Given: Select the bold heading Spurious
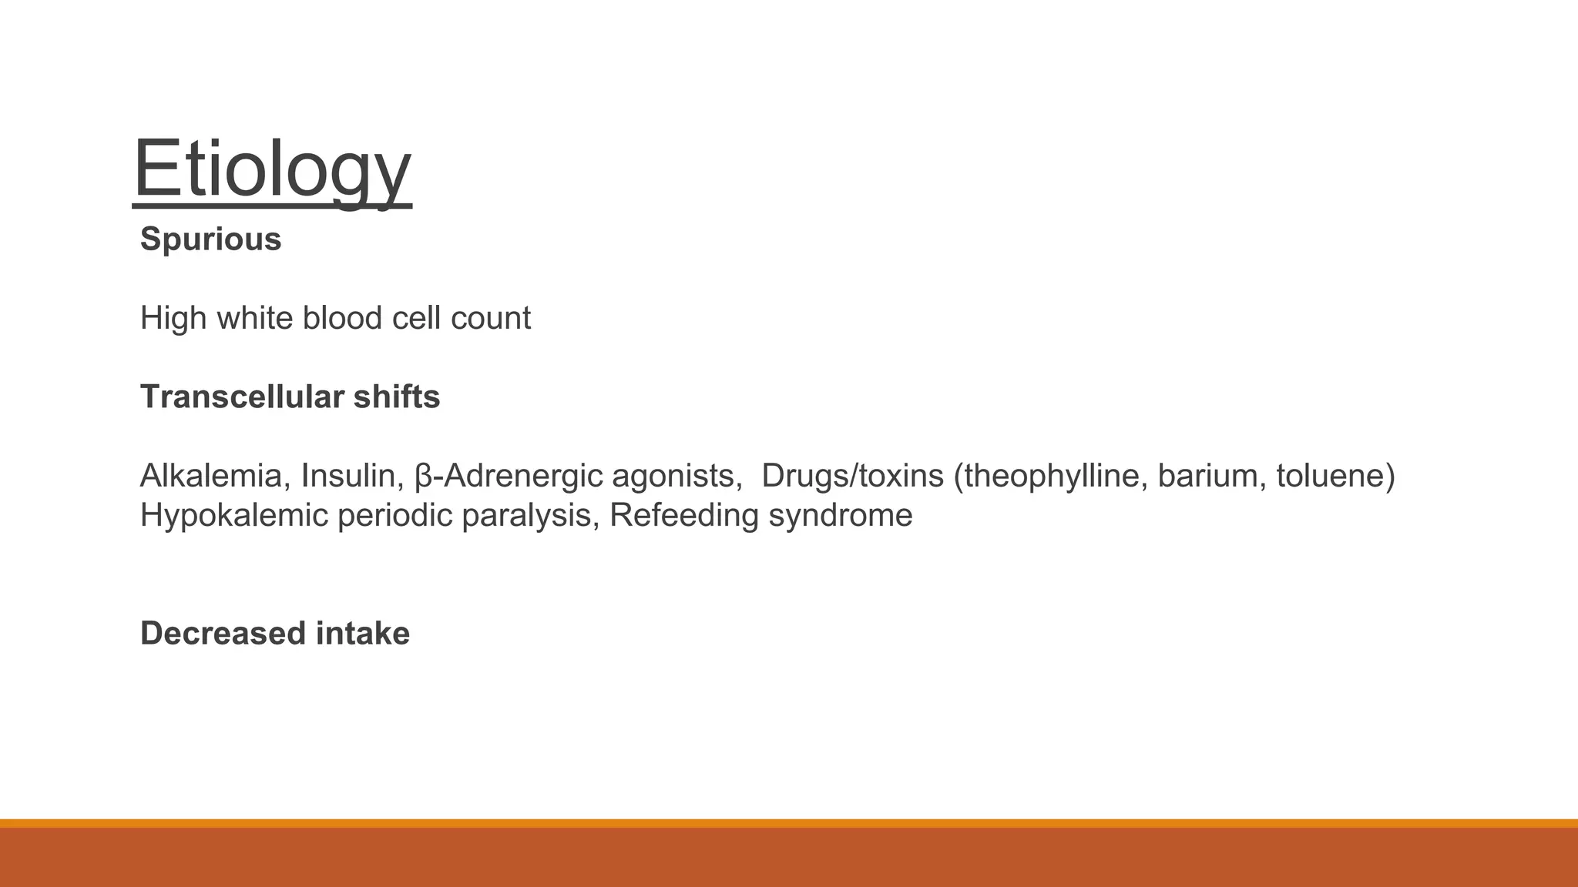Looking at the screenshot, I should (x=210, y=239).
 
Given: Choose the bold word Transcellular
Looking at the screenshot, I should (x=242, y=397).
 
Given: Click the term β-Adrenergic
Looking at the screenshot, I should (x=509, y=476).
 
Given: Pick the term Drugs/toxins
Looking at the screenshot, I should (x=852, y=476).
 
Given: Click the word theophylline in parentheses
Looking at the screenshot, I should (x=1053, y=476).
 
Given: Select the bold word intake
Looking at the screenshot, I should (x=363, y=634).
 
